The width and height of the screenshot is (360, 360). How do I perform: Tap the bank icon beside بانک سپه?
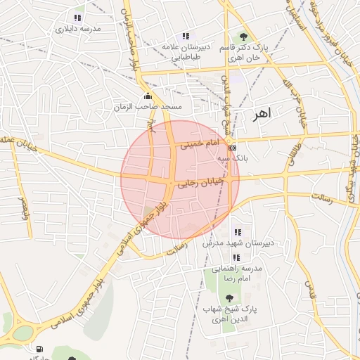coord(233,148)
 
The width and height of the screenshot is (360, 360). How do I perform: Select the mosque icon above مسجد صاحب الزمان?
coord(147,96)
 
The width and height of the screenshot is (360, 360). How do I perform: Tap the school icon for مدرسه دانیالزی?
coord(77,18)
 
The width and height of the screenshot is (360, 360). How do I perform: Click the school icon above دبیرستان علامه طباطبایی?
coord(185,36)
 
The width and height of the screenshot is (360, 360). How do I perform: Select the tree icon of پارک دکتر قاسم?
coord(243,36)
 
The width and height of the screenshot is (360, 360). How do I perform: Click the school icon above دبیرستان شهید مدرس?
coord(237,232)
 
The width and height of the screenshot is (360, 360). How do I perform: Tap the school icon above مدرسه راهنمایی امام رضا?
coord(236,258)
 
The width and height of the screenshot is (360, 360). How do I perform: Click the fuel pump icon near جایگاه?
coord(38,349)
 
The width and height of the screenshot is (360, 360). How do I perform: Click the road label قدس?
coord(307,288)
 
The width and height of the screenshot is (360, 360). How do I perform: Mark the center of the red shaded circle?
coord(180,179)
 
